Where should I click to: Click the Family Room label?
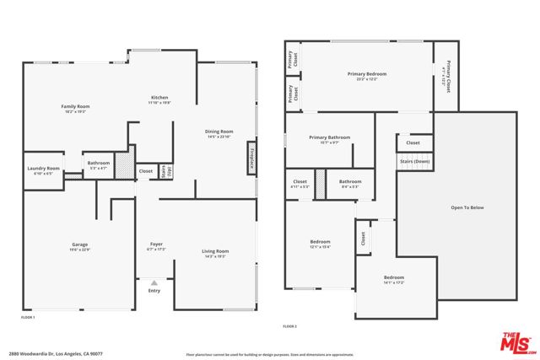[x=75, y=107]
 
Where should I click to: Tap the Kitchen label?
[x=159, y=98]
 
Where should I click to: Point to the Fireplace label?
[x=251, y=159]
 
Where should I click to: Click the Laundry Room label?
[x=42, y=169]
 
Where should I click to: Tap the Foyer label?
[x=156, y=244]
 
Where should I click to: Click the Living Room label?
[x=214, y=251]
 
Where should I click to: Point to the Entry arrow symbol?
[x=154, y=282]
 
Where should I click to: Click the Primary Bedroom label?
[x=367, y=74]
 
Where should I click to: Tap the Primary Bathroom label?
[x=329, y=137]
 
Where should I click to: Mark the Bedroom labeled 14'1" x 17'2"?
[x=394, y=277]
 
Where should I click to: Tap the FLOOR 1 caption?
[x=28, y=317]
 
